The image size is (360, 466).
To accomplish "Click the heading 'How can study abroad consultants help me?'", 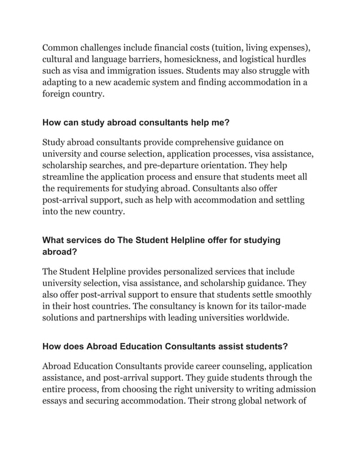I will [136, 122].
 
